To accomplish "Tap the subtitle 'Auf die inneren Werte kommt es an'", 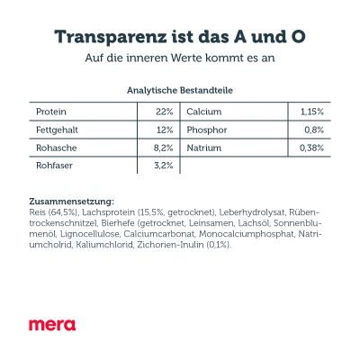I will click(180, 60).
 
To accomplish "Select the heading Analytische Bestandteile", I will click(179, 91).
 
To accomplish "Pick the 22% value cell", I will click(162, 112).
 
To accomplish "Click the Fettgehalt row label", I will click(57, 130).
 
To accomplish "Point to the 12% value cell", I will click(163, 130).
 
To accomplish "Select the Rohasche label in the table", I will click(56, 148).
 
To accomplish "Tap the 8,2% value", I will click(161, 148).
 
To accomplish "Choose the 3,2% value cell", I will click(162, 166).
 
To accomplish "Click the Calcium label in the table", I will click(205, 112).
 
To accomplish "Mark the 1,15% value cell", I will click(310, 112).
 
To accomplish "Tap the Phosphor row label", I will click(209, 130).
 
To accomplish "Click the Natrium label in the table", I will click(206, 148).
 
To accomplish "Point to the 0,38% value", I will click(310, 148).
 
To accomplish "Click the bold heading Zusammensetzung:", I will click(72, 199).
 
